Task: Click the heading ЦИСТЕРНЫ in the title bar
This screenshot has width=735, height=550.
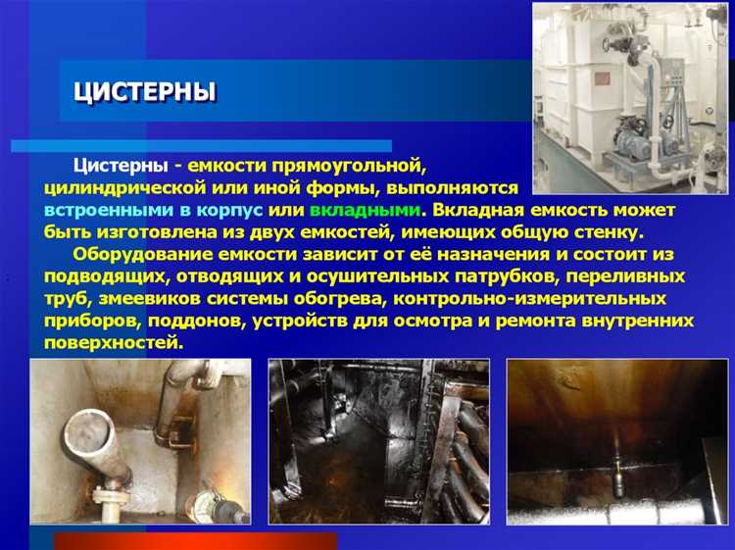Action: point(145,92)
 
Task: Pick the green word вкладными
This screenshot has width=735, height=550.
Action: point(365,210)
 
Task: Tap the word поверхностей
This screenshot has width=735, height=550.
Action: point(113,342)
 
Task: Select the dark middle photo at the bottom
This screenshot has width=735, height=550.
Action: point(378,441)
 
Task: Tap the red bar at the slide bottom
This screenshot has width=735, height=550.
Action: point(195,541)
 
